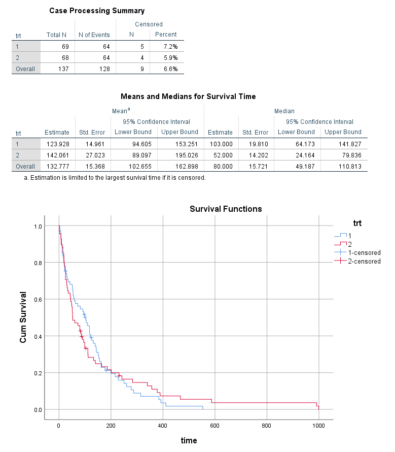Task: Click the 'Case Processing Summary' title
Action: (x=97, y=11)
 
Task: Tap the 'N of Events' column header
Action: (x=94, y=35)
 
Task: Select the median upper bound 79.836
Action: (x=343, y=155)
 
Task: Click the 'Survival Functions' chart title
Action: (x=226, y=209)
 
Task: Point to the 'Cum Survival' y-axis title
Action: (x=23, y=317)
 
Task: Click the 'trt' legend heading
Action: (x=357, y=223)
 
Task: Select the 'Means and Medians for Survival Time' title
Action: (x=188, y=96)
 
